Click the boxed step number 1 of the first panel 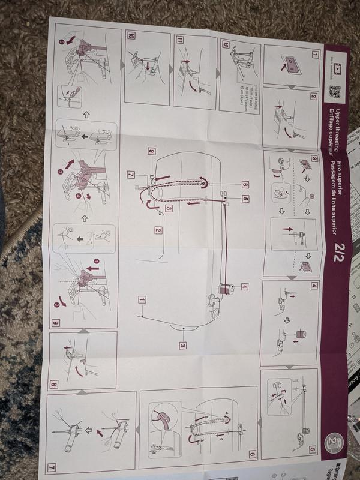pyautogui.click(x=314, y=53)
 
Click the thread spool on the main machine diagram pyautogui.click(x=227, y=289)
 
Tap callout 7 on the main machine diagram pyautogui.click(x=131, y=174)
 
